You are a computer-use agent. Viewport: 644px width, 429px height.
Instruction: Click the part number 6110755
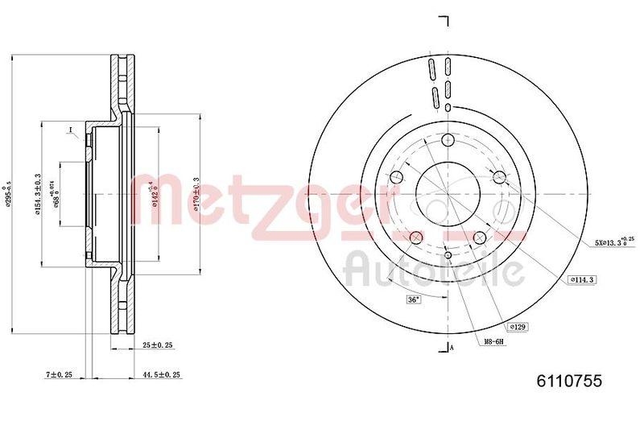tap(569, 382)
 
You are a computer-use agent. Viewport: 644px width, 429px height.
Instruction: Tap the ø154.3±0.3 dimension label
tap(37, 195)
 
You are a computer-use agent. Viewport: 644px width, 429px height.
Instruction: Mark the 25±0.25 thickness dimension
tap(158, 344)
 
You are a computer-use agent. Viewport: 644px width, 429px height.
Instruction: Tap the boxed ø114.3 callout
tap(581, 279)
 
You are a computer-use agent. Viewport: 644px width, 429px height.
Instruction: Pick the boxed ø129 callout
tap(518, 327)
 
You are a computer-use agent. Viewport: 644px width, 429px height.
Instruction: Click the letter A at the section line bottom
tap(452, 348)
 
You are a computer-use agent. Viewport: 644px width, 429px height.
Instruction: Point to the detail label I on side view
tap(70, 131)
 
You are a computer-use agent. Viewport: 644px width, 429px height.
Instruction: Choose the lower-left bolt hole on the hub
tap(416, 237)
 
